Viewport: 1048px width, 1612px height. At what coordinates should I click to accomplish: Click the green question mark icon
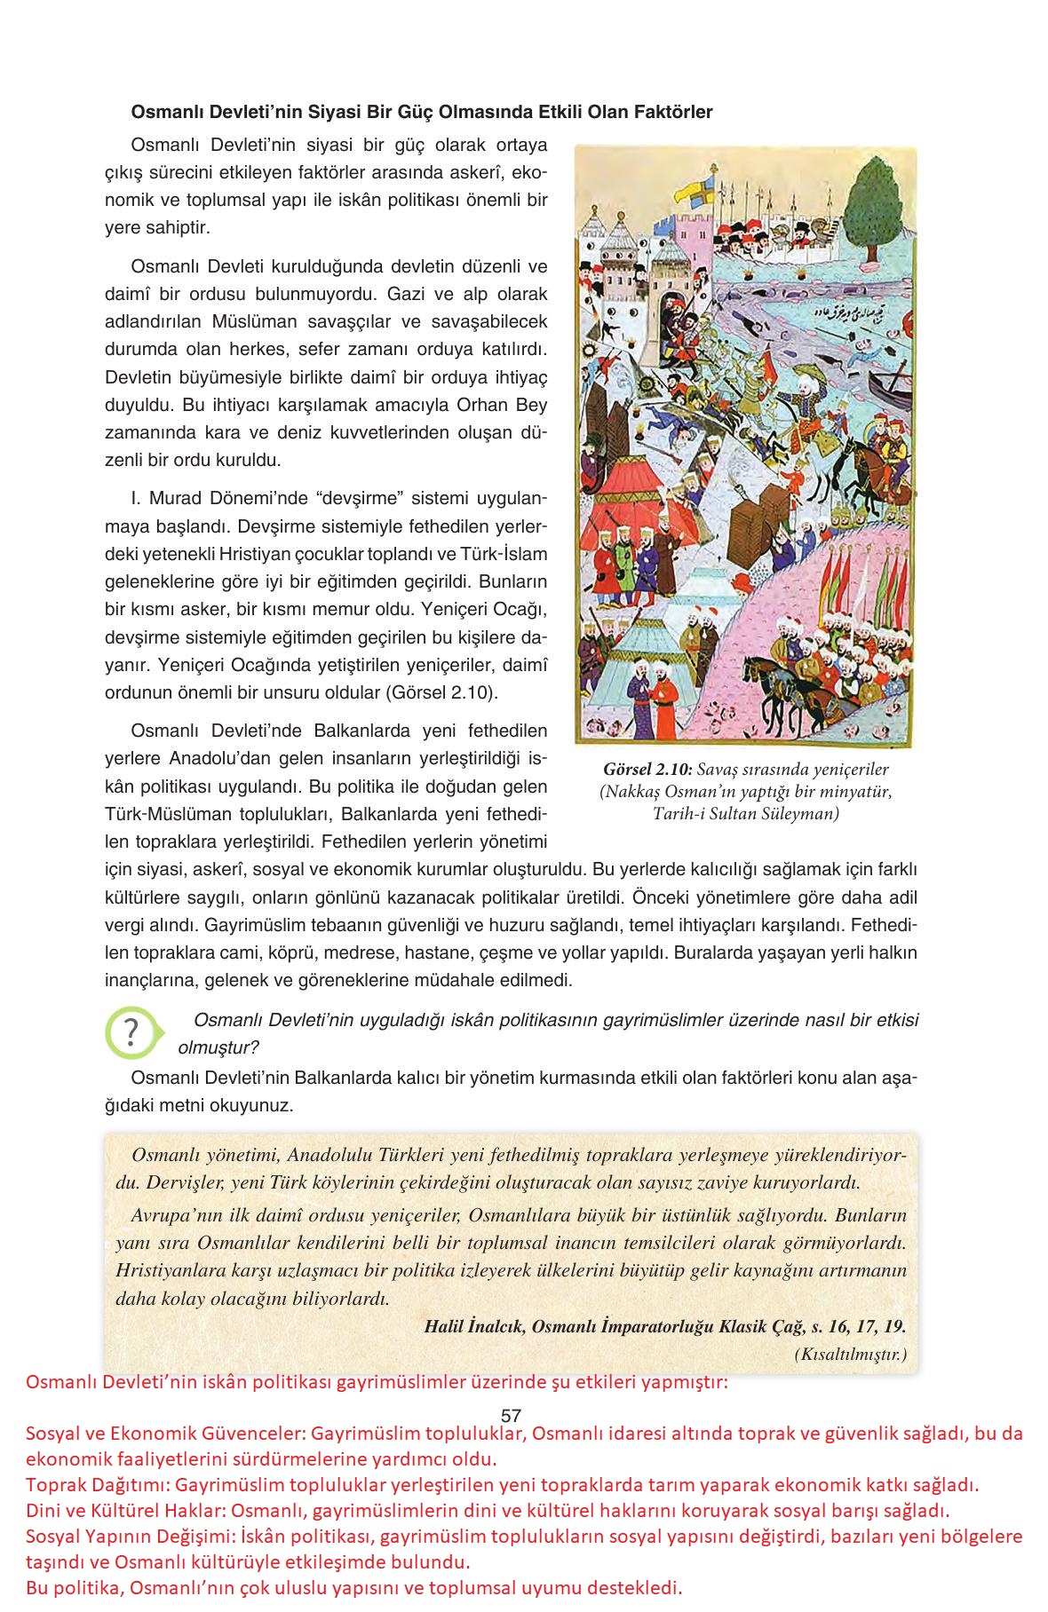[131, 1032]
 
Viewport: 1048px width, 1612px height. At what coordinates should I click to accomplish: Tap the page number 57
[511, 1417]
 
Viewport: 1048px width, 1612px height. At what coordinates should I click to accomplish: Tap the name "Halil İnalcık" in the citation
[474, 1327]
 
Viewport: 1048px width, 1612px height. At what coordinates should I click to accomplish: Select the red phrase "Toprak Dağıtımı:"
[98, 1485]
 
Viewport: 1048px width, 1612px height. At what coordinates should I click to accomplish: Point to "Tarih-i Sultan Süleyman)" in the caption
[745, 813]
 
